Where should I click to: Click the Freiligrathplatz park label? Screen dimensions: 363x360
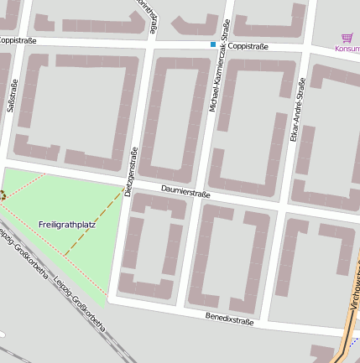(67, 225)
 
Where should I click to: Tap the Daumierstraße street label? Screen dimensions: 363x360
(185, 192)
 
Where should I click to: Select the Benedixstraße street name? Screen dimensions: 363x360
(229, 319)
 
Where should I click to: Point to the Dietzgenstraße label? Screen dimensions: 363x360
(129, 171)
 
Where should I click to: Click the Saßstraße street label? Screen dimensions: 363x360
(12, 96)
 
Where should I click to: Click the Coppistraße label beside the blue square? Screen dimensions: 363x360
(248, 46)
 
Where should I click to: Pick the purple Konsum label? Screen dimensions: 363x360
(347, 49)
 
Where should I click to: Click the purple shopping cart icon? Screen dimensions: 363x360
(347, 38)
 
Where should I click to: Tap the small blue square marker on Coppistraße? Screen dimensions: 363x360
(213, 44)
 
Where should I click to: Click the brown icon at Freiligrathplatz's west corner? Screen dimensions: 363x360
(2, 195)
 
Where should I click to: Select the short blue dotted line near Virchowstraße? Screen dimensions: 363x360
(354, 342)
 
